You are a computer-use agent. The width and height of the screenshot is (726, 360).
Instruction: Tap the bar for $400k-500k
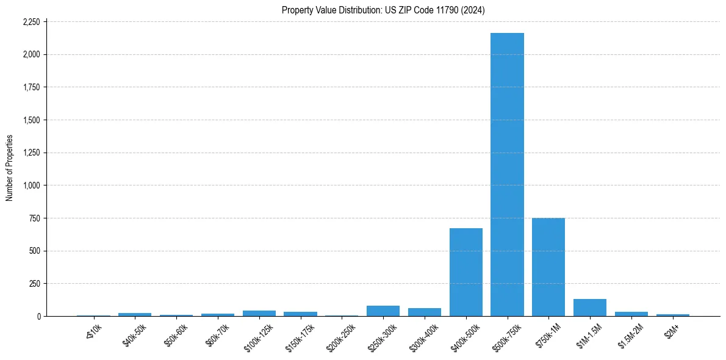[x=466, y=272]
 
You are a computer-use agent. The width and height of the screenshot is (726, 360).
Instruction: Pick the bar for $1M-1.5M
[x=590, y=308]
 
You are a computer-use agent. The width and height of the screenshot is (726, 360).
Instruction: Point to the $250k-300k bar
[x=383, y=311]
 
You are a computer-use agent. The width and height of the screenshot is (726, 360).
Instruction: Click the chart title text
[x=383, y=10]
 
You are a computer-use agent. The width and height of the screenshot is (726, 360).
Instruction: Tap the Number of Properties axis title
[x=10, y=168]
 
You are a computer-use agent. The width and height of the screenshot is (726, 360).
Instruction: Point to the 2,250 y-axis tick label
[x=31, y=22]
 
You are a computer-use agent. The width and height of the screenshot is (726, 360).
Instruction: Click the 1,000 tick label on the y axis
[x=31, y=185]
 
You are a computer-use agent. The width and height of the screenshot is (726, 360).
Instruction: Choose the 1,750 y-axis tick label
[x=31, y=87]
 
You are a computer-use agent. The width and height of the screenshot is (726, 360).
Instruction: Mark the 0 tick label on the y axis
[x=39, y=316]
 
